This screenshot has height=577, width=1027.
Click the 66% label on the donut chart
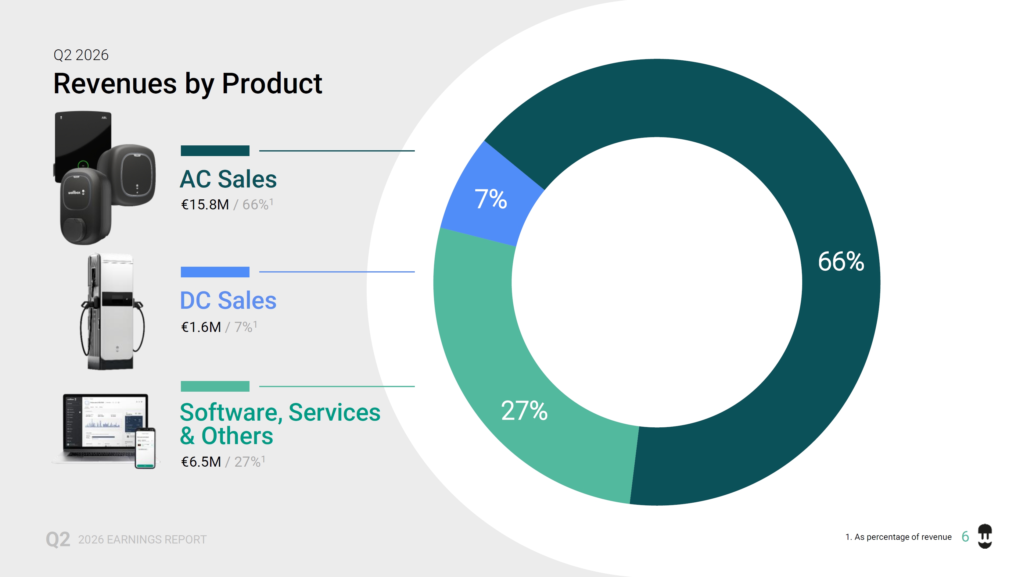point(841,262)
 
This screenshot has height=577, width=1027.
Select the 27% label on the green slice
point(524,411)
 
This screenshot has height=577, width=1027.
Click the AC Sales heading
point(228,179)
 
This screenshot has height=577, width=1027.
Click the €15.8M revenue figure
point(205,205)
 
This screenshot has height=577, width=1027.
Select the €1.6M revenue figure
point(201,327)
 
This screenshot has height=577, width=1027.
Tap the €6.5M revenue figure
point(201,461)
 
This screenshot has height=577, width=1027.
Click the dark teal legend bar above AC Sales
point(215,151)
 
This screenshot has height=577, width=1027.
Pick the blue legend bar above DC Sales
point(215,272)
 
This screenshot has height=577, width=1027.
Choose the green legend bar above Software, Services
point(215,386)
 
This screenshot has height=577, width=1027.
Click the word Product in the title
point(272,84)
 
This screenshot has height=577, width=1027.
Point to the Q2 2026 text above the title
point(81,55)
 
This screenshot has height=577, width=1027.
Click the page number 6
point(965,537)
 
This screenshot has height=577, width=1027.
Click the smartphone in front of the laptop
point(145,448)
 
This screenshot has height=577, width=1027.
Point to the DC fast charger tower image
point(112,311)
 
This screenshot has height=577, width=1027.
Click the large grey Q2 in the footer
point(58,539)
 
